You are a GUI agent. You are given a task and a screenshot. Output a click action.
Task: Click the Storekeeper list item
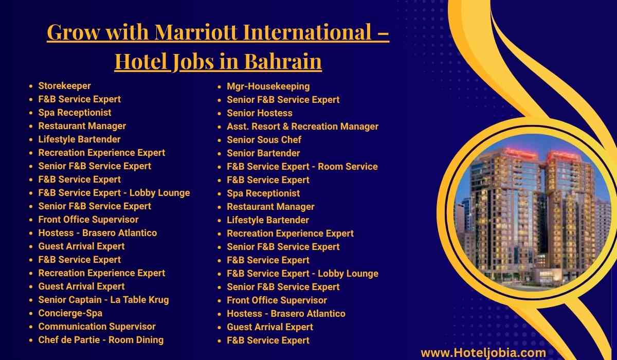64,86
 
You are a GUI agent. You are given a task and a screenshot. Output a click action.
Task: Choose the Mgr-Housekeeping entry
268,86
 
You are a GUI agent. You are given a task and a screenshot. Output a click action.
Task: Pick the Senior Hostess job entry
259,113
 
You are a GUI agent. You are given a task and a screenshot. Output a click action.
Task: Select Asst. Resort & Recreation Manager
302,127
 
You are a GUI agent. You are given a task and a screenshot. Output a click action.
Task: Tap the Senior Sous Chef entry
264,140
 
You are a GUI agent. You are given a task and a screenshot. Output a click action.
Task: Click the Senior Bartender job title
263,153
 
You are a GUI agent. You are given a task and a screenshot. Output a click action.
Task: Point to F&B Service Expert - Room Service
302,167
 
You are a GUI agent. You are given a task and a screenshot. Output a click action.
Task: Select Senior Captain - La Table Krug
103,300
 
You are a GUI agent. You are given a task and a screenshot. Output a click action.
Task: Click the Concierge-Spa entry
70,313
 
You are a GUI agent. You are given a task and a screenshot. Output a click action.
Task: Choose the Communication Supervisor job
97,327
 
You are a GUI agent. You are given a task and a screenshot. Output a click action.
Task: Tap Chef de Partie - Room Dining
101,340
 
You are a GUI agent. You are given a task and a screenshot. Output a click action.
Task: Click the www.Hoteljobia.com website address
483,353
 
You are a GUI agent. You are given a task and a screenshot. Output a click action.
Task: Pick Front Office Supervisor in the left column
88,220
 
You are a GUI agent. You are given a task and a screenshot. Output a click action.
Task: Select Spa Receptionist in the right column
263,193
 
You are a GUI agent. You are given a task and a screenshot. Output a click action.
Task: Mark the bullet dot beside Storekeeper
31,86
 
